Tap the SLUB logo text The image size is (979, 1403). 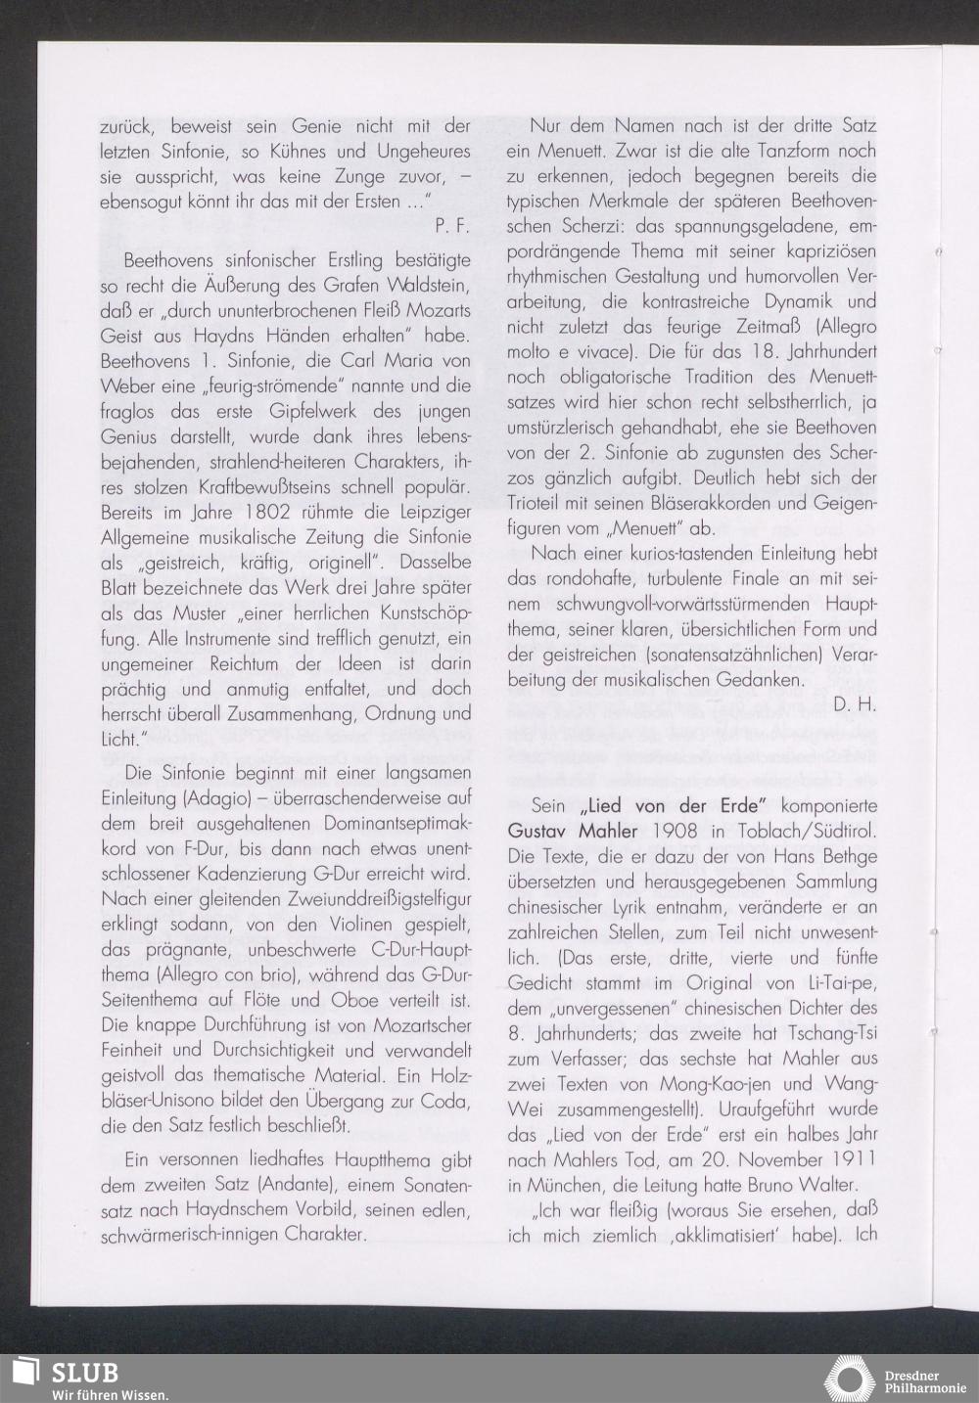(84, 1373)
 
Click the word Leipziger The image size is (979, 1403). (428, 512)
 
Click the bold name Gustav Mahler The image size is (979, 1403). (573, 831)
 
